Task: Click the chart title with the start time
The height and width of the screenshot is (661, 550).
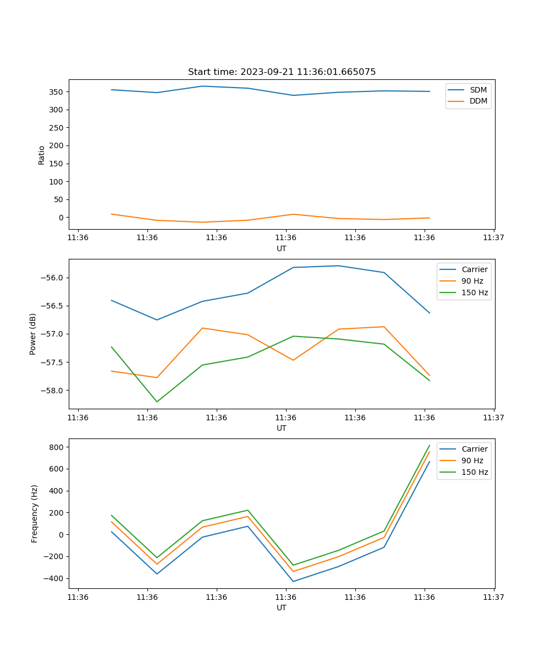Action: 282,72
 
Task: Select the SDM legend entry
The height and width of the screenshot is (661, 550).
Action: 478,90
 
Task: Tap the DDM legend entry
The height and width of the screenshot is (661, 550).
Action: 478,101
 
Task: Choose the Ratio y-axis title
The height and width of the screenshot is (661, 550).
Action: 41,155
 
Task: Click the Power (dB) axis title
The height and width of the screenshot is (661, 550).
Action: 33,334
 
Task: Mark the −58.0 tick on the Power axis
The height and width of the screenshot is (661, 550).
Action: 52,391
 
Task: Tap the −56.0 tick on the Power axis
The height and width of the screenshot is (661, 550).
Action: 52,278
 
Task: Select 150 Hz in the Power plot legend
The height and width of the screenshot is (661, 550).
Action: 475,292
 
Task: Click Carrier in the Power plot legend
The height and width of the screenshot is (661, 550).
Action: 475,269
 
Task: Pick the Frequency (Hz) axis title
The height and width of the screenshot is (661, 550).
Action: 35,513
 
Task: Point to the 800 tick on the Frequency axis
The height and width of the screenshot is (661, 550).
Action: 57,447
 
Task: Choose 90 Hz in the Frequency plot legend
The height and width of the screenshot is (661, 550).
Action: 472,460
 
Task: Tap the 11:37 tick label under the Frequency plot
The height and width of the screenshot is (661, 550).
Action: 494,597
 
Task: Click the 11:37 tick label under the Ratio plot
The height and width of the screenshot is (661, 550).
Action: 494,238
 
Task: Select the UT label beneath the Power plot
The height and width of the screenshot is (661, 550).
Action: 282,428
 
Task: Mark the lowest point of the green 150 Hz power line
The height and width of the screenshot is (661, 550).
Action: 157,402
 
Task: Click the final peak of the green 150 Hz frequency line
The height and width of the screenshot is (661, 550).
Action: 430,445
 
